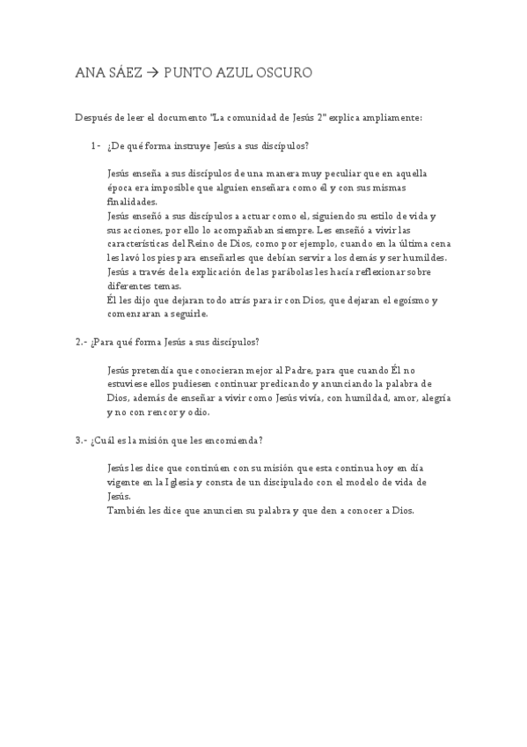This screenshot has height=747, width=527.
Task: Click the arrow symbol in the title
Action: (x=150, y=73)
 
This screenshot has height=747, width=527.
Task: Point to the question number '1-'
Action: (x=94, y=145)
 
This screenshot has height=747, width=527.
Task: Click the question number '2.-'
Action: (x=81, y=342)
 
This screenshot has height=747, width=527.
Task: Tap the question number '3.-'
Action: (x=81, y=440)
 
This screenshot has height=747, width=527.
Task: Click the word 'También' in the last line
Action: (x=126, y=511)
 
